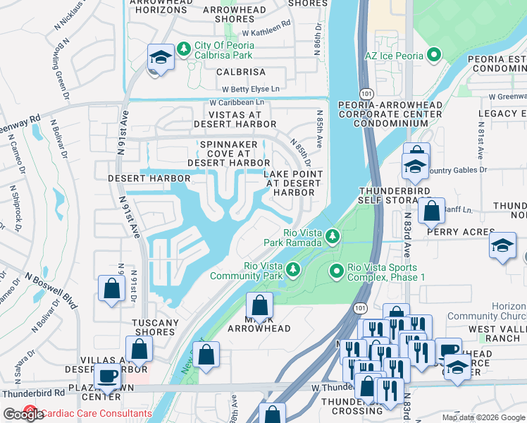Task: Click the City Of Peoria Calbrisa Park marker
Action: [184, 49]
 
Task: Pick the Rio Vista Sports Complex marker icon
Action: [337, 270]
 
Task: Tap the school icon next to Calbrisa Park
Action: [160, 58]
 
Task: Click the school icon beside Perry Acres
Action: [502, 246]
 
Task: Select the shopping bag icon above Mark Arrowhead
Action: [259, 306]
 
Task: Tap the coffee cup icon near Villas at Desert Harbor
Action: [107, 376]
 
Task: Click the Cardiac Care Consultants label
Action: [96, 413]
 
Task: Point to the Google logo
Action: [23, 414]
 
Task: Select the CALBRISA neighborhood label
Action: [241, 72]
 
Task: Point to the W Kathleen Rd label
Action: [266, 23]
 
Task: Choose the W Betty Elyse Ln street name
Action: [250, 89]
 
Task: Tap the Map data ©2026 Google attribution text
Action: [483, 417]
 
